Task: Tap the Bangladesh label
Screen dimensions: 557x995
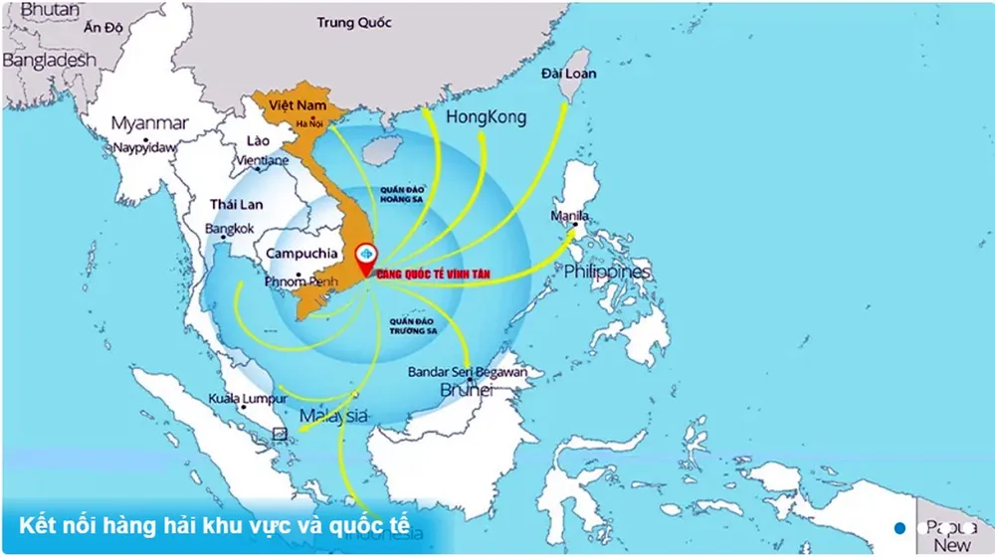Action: [49, 60]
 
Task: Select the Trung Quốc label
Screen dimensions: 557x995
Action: [355, 22]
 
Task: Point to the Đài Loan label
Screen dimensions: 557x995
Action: [569, 74]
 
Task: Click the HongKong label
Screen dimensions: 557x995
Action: [487, 117]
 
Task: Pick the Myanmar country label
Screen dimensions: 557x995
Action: [149, 123]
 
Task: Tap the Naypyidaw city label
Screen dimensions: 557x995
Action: [144, 147]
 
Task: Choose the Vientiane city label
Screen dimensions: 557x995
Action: [263, 160]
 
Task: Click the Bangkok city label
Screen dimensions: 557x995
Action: [230, 228]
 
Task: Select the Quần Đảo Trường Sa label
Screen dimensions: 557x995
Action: [415, 327]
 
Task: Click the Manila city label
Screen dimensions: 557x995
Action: [569, 216]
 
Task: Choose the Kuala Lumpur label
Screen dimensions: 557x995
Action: [248, 399]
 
